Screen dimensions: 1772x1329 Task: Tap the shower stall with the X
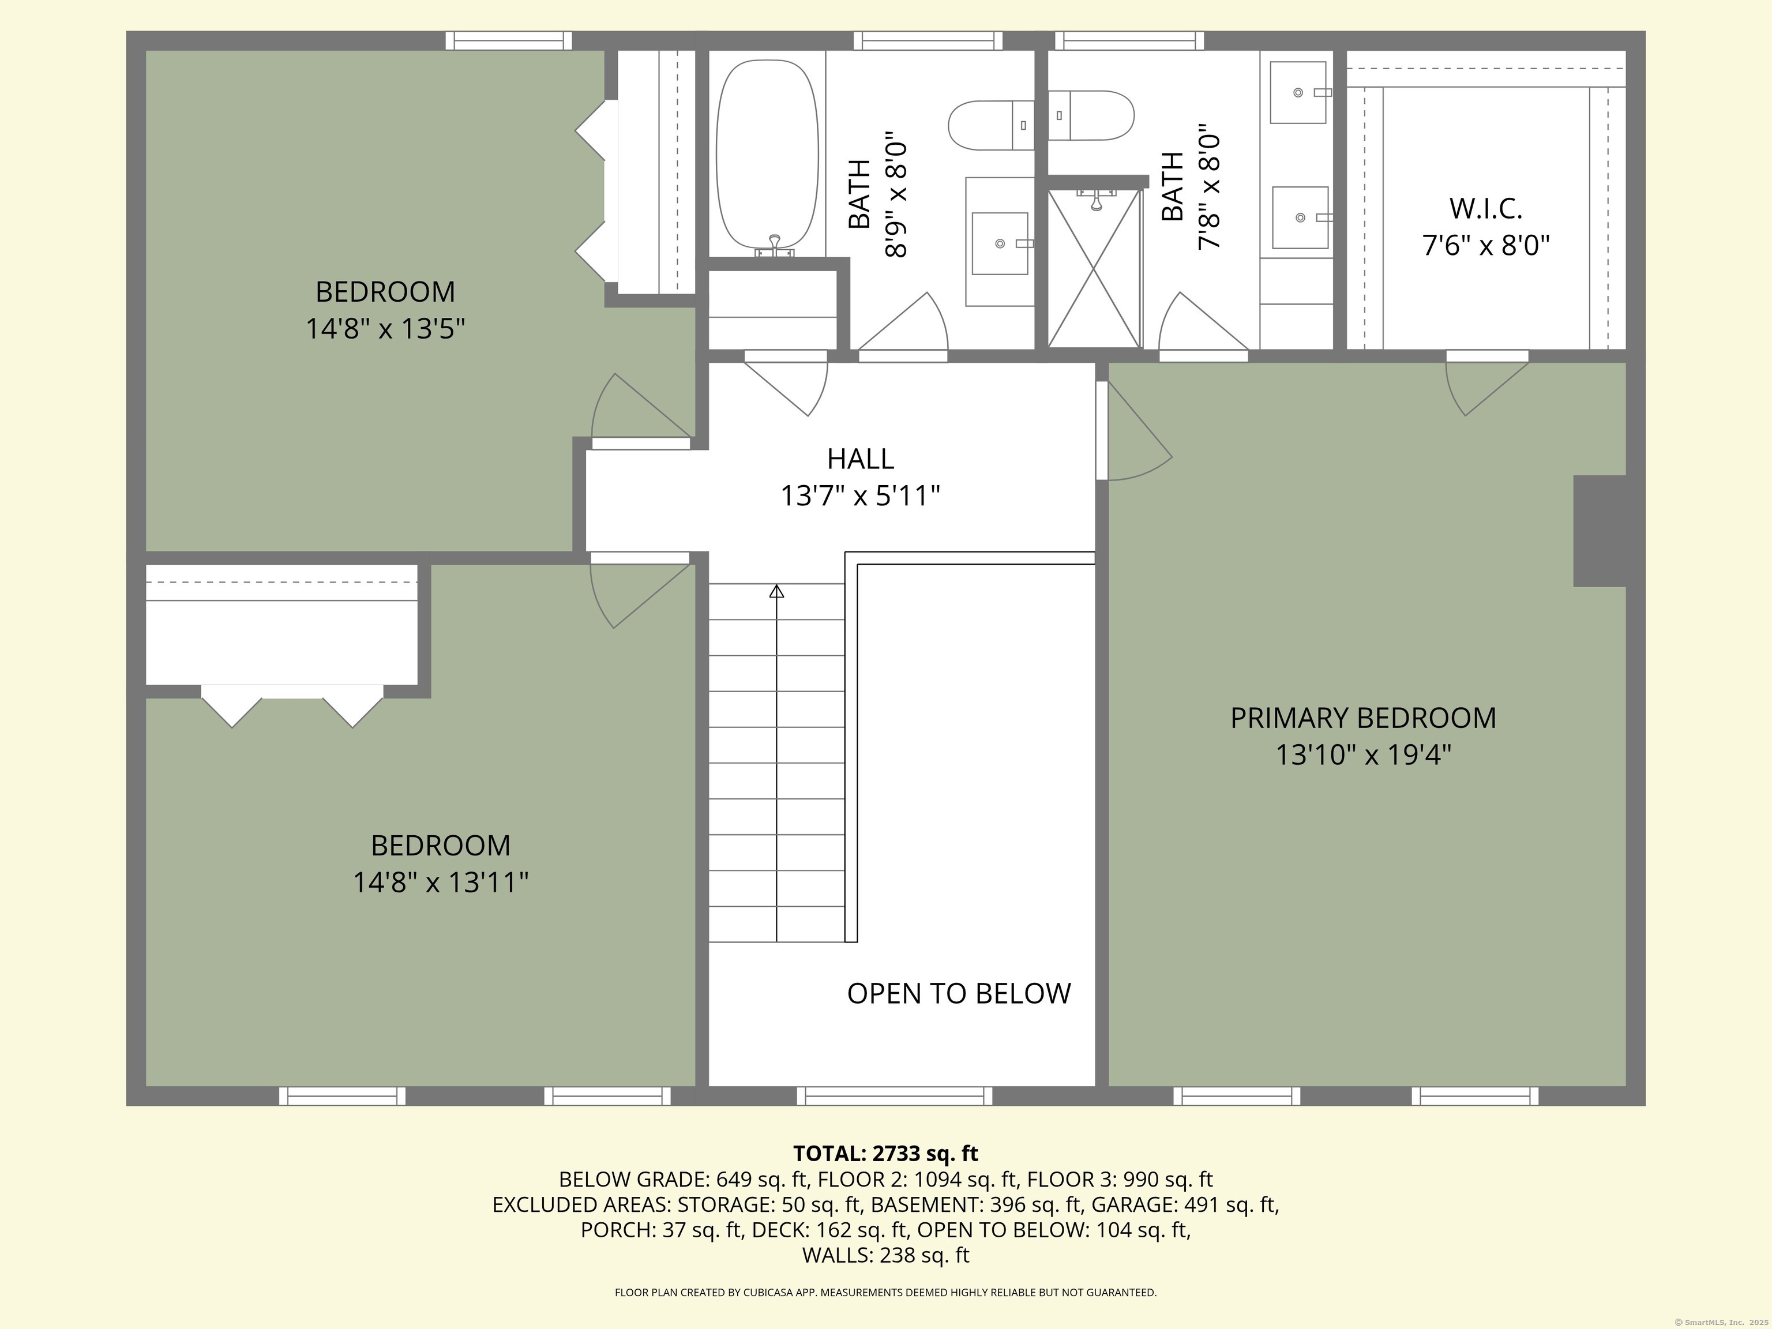pyautogui.click(x=1094, y=268)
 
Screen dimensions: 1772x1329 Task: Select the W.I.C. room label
pyautogui.click(x=1485, y=208)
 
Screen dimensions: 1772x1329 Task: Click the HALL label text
pyautogui.click(x=861, y=459)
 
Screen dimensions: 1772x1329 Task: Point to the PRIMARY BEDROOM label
pyautogui.click(x=1362, y=718)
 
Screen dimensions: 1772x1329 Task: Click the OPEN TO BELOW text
pyautogui.click(x=959, y=993)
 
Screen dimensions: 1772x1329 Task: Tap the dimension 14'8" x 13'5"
pyautogui.click(x=385, y=328)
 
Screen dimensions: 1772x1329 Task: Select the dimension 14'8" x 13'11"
pyautogui.click(x=441, y=882)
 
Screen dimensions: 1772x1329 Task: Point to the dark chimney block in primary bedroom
pyautogui.click(x=1600, y=530)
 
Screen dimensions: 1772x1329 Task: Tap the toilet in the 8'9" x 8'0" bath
pyautogui.click(x=991, y=125)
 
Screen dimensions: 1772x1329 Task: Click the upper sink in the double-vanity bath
pyautogui.click(x=1298, y=92)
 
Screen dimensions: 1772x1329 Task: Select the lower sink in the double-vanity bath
pyautogui.click(x=1300, y=217)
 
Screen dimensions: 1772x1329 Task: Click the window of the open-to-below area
pyautogui.click(x=895, y=1096)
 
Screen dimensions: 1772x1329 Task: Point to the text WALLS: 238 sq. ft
pyautogui.click(x=885, y=1255)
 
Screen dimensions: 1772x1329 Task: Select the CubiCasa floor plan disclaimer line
pyautogui.click(x=885, y=1292)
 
